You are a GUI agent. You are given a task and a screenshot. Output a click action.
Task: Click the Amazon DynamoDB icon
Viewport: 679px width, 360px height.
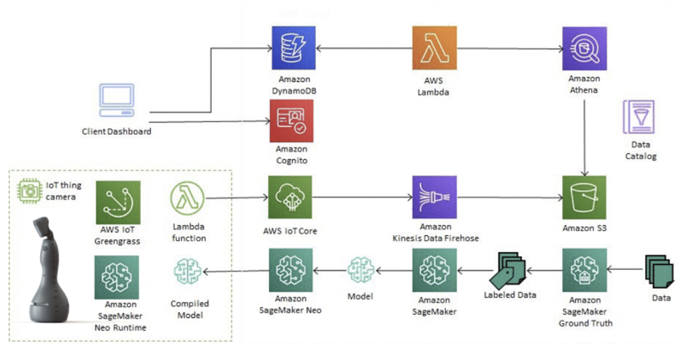pyautogui.click(x=294, y=48)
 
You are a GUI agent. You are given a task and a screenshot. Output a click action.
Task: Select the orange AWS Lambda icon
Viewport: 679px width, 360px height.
pyautogui.click(x=434, y=48)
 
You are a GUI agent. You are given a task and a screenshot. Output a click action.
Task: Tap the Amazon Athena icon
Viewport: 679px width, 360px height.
pyautogui.click(x=585, y=48)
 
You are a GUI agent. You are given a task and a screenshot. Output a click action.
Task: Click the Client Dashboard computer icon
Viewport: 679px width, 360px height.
pyautogui.click(x=116, y=104)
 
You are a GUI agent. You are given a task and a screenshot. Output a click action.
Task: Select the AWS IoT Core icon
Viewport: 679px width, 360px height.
pyautogui.click(x=290, y=197)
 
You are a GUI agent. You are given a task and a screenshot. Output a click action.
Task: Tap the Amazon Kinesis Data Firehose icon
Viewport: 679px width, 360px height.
pyautogui.click(x=434, y=197)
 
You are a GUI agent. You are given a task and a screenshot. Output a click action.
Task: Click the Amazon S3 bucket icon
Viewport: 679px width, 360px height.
pyautogui.click(x=585, y=197)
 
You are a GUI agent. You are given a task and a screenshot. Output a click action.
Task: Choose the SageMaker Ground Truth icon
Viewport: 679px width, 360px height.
pyautogui.click(x=585, y=270)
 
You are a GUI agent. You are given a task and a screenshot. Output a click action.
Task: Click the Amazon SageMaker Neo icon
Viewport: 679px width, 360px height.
pyautogui.click(x=290, y=270)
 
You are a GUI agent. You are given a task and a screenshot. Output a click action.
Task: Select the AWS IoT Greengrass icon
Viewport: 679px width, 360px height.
pyautogui.click(x=118, y=202)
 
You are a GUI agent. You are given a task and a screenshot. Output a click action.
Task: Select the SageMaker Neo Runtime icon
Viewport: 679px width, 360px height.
pyautogui.click(x=118, y=277)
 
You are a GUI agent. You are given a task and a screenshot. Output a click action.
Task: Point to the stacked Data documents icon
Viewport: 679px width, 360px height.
pyautogui.click(x=657, y=269)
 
